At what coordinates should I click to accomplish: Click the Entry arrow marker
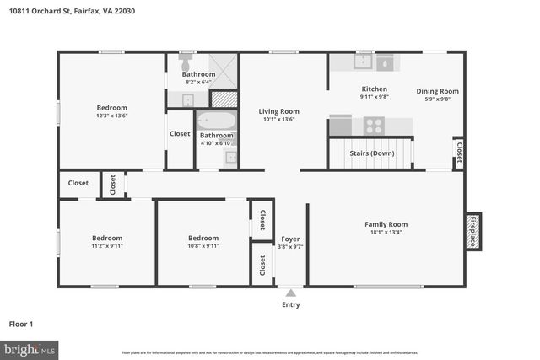click(290, 293)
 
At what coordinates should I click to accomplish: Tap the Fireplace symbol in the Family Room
click(472, 228)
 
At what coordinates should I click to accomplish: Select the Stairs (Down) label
click(371, 153)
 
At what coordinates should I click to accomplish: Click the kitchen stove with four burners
click(374, 126)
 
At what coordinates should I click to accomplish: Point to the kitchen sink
click(364, 62)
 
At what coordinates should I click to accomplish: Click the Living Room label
click(278, 111)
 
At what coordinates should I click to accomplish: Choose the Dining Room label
click(437, 91)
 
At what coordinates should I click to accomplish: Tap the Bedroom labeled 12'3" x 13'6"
click(111, 108)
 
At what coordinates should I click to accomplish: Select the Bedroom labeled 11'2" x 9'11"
click(107, 238)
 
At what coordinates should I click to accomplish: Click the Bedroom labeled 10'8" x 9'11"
click(203, 238)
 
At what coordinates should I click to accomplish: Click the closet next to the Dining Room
click(458, 153)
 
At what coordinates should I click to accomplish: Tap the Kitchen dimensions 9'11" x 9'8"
click(374, 97)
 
